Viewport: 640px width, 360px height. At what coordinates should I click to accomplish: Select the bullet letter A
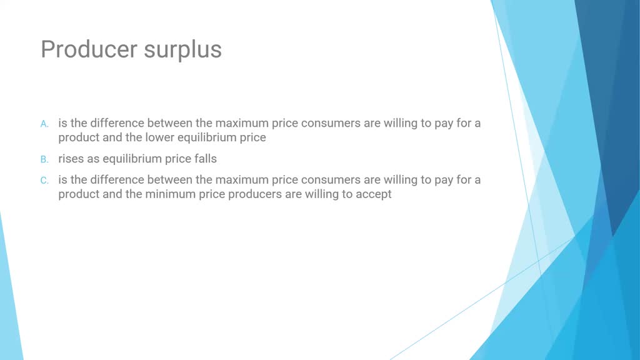44,124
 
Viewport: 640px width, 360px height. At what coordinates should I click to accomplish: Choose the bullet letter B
44,159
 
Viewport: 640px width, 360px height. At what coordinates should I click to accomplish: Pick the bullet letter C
44,181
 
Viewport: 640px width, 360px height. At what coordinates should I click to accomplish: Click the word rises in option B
71,159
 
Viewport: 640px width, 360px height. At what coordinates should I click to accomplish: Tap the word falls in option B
205,159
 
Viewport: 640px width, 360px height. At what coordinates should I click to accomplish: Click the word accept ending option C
374,194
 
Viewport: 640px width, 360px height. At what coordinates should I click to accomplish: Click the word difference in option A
117,123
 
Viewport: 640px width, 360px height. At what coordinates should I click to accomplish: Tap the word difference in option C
117,180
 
